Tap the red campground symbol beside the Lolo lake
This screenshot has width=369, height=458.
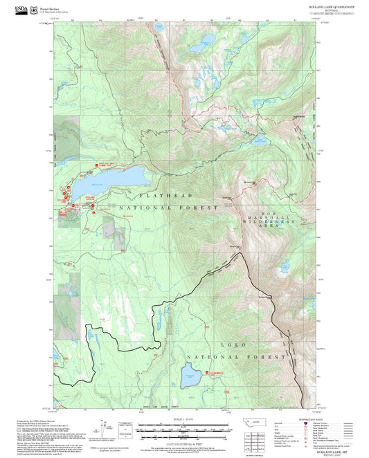(207, 374)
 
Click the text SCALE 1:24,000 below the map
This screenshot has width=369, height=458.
(184, 419)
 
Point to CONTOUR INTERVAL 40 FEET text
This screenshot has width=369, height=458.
(184, 433)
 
